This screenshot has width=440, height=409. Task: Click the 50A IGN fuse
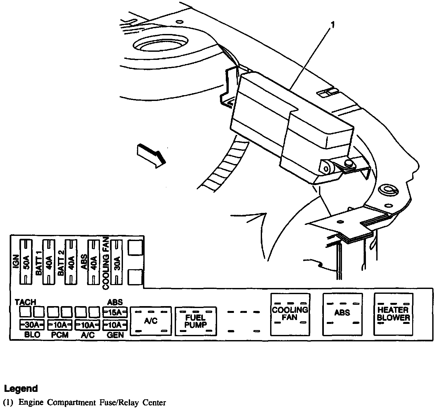click(x=27, y=262)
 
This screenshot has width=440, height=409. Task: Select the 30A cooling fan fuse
click(x=117, y=262)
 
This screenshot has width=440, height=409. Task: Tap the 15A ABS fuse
click(x=115, y=313)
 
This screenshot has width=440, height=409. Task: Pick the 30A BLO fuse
click(x=32, y=324)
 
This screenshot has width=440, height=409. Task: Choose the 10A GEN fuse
click(x=115, y=324)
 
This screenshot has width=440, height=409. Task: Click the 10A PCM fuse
click(x=60, y=324)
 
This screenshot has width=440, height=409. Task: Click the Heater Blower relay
click(x=393, y=314)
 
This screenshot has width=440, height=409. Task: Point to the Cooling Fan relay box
click(x=290, y=314)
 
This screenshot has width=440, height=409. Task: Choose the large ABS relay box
click(x=342, y=314)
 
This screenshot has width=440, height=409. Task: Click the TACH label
click(x=26, y=302)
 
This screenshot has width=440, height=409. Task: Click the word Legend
click(x=21, y=388)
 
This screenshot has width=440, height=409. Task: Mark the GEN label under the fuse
click(x=115, y=335)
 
